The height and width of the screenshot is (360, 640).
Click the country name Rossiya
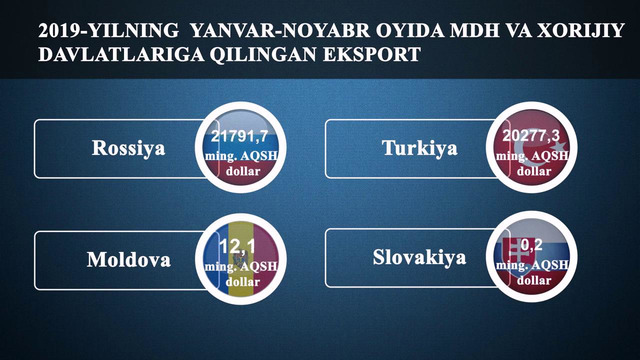click(x=128, y=149)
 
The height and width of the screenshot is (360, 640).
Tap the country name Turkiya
click(x=419, y=149)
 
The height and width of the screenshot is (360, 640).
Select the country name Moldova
click(x=128, y=260)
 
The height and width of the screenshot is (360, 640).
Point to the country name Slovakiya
click(x=419, y=258)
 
